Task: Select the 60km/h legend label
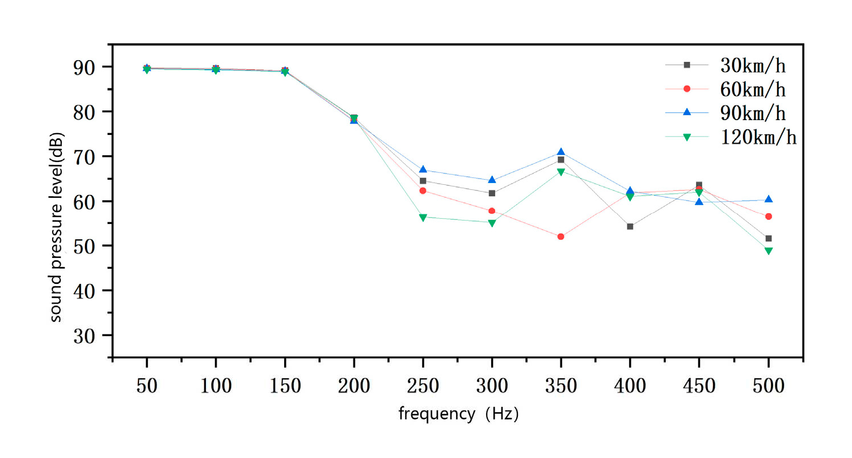click(753, 89)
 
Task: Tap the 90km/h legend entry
click(753, 113)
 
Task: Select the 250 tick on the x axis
click(423, 387)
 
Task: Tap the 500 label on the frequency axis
click(768, 387)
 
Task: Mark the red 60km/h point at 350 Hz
click(561, 236)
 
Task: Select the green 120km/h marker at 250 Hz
click(423, 217)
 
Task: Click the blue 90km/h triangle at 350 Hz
click(561, 152)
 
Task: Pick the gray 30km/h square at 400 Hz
click(630, 227)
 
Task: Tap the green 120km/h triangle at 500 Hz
click(769, 251)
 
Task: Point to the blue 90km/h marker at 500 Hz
click(769, 200)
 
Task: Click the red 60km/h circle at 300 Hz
click(492, 211)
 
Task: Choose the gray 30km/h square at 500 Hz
click(769, 239)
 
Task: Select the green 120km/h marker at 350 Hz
click(561, 172)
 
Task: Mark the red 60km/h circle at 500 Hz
click(769, 217)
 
